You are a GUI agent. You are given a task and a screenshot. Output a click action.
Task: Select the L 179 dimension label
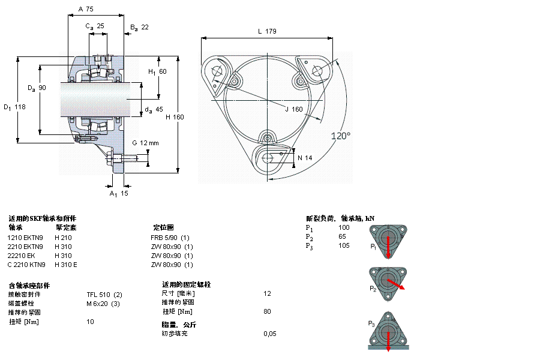[266, 31]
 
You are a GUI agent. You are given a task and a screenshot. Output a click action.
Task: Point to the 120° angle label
[340, 136]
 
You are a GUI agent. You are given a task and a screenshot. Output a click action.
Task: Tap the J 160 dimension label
[293, 109]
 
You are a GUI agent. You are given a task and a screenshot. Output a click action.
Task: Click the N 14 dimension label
[305, 158]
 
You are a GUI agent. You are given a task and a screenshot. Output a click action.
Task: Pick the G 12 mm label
[145, 143]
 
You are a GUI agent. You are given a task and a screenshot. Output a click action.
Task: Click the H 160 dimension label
[175, 117]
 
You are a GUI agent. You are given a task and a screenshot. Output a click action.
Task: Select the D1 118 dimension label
[15, 107]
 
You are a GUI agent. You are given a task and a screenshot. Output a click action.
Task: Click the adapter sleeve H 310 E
[66, 265]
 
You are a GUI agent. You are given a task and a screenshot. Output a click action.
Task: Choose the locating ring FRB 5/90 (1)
[170, 237]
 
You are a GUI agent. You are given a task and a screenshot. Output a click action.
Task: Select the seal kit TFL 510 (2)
[104, 294]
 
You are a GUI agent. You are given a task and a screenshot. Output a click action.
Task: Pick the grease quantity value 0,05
[270, 333]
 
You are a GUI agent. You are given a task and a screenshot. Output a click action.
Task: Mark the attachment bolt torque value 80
[267, 311]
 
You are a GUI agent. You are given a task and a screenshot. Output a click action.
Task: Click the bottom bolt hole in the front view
[268, 157]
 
